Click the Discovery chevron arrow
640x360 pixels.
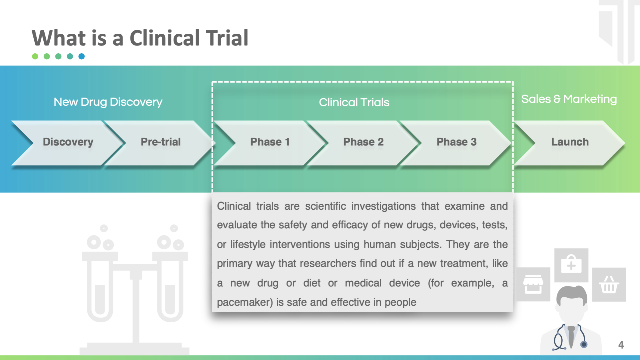(68, 143)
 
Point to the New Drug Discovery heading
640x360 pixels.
(108, 102)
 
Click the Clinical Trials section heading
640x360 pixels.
(354, 102)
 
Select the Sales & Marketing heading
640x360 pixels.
(569, 99)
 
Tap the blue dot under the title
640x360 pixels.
(82, 56)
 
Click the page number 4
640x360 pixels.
(621, 345)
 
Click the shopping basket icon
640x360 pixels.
(609, 284)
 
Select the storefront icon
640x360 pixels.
(533, 284)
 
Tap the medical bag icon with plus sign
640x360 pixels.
(571, 265)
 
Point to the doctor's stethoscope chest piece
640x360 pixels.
(584, 344)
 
